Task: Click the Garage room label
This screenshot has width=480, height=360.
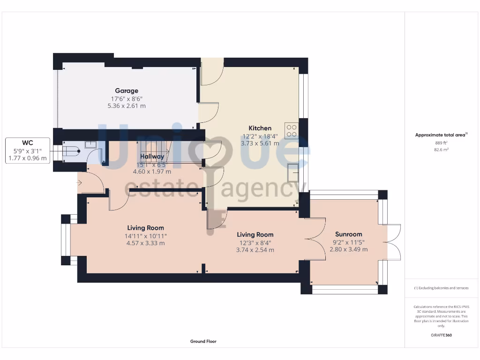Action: coord(127,91)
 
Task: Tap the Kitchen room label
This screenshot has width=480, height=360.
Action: coord(260,128)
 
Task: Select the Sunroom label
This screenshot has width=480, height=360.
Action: coord(348,234)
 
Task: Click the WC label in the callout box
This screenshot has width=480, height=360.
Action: coord(28,142)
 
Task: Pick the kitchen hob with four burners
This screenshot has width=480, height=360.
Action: coord(291,130)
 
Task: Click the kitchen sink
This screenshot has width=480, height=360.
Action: coord(294,172)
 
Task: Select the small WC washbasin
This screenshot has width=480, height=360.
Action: coord(90,145)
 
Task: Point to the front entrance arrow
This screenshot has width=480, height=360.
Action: coord(80,182)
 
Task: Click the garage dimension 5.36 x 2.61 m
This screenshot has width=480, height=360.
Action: coord(127,106)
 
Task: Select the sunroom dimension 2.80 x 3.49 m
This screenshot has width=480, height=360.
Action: coord(348,249)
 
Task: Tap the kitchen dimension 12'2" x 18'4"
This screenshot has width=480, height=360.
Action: coord(260,136)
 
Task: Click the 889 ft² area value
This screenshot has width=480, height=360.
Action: coord(441,142)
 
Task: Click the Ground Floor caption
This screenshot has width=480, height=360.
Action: coord(203,342)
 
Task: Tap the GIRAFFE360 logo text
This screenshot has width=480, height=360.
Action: coord(441,335)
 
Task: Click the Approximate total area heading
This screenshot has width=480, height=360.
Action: coord(441,135)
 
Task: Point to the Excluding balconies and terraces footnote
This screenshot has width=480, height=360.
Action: coord(441,288)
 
